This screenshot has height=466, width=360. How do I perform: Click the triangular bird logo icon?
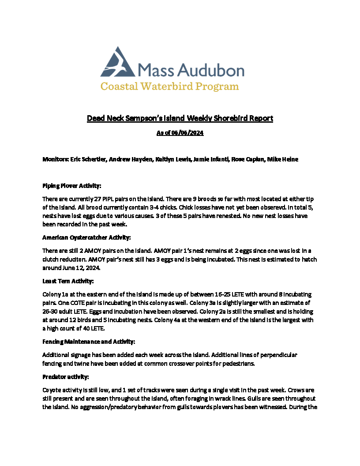[117, 63]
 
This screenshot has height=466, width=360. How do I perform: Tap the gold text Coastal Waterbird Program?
[170, 86]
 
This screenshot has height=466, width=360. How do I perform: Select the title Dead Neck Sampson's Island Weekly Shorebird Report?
[180, 118]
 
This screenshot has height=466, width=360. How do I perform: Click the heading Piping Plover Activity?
[72, 186]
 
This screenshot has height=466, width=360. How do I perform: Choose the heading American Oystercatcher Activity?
[86, 237]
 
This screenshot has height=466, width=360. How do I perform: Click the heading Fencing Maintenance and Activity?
[89, 342]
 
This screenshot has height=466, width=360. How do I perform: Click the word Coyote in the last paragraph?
[51, 390]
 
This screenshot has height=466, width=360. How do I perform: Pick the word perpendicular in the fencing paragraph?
[275, 355]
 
